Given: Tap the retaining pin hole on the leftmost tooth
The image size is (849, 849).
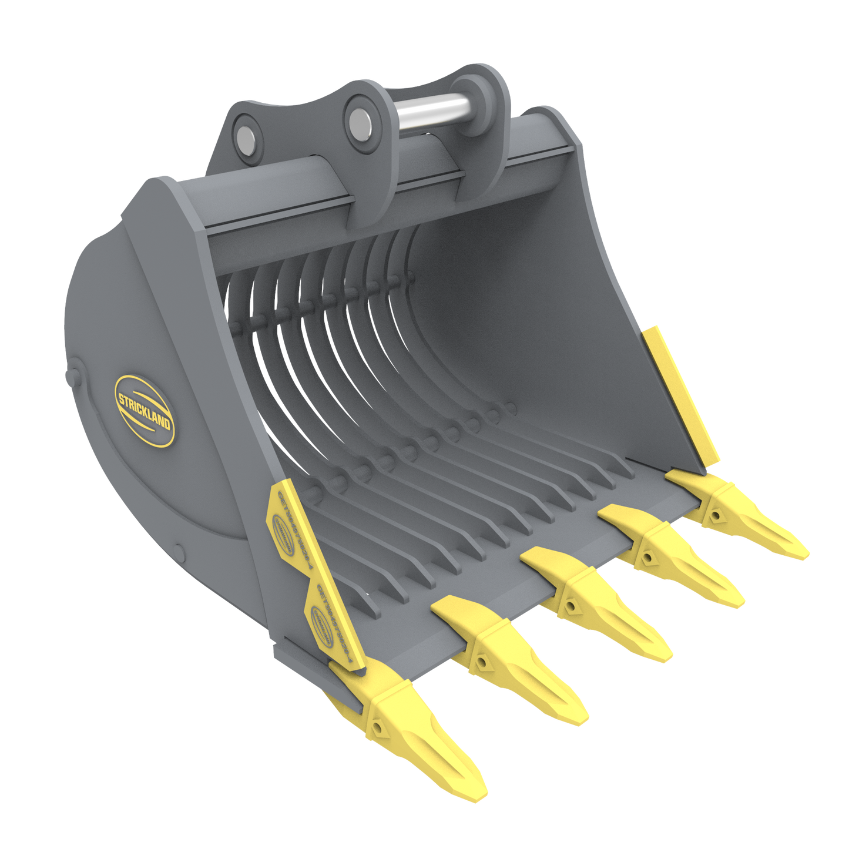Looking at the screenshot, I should coord(377,729).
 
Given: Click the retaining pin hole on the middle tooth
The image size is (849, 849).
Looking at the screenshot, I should coord(569,605).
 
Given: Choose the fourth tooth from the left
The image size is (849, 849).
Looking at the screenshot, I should coord(670,558).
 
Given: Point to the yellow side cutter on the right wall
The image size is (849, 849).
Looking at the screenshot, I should coord(682,394).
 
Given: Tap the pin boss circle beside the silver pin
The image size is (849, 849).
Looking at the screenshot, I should coord(357,120).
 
